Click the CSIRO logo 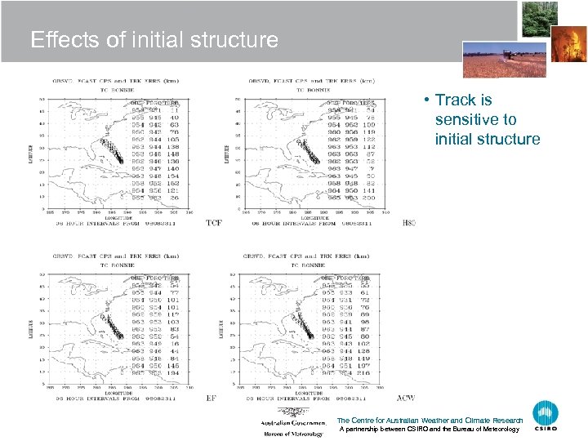pyautogui.click(x=546, y=416)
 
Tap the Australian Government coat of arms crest pyautogui.click(x=287, y=412)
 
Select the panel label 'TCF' pyautogui.click(x=213, y=222)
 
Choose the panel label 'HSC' pyautogui.click(x=408, y=222)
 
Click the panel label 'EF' pyautogui.click(x=212, y=398)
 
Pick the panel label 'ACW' pyautogui.click(x=406, y=398)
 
